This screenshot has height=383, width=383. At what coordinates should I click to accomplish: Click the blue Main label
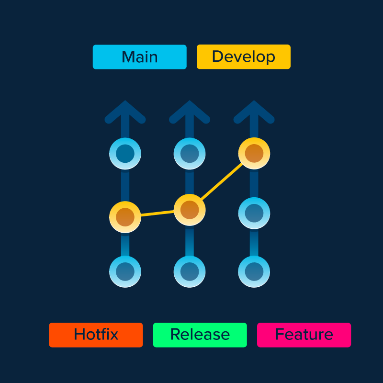pos(139,57)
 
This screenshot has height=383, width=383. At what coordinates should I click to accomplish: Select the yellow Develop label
pos(243,57)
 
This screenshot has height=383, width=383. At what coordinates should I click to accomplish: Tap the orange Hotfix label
pos(96,335)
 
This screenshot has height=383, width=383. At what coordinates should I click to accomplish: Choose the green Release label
pos(200,335)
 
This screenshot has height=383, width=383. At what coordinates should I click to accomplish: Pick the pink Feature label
pos(304,335)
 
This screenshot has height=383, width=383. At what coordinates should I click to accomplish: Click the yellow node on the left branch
pos(125,217)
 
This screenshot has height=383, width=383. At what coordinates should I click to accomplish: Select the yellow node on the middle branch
pos(190,210)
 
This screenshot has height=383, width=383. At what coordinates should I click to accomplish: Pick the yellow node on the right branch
pos(254,153)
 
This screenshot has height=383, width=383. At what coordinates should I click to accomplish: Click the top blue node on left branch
pos(125,154)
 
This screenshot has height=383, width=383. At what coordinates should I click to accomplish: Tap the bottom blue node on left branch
pos(125,271)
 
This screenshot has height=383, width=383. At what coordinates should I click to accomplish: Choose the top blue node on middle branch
pos(190,154)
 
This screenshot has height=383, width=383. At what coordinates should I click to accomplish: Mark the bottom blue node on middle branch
pos(190,271)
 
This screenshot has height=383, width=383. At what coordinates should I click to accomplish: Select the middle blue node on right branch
pos(254,213)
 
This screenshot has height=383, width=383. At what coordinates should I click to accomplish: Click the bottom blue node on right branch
pos(254,271)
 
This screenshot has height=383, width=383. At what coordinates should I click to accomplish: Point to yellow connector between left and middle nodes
pos(157,214)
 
